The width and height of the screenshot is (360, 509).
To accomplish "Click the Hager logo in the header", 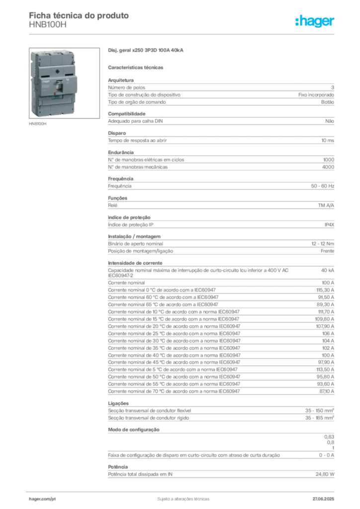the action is [314, 21].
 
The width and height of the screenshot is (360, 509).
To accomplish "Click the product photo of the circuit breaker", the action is [64, 83].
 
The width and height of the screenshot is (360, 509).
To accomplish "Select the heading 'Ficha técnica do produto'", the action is [79, 15].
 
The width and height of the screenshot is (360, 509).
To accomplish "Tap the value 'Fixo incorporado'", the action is [316, 95].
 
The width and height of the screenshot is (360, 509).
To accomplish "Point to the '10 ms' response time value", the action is [328, 141].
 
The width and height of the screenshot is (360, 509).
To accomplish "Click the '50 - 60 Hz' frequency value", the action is [322, 186].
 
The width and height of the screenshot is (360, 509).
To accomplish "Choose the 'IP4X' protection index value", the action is [329, 225].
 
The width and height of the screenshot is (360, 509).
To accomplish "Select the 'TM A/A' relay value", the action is [326, 205].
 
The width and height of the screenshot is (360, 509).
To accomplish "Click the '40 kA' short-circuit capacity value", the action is [328, 270].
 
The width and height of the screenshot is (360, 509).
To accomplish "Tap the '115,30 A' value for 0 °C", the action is [325, 290].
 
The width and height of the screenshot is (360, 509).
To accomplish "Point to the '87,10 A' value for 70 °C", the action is [327, 392].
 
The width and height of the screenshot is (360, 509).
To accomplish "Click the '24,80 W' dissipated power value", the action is [325, 474].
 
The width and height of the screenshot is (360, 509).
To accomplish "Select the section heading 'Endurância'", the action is [121, 153].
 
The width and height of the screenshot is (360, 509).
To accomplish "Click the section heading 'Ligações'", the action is [118, 404].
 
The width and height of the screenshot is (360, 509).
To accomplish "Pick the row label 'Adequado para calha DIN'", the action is [135, 121].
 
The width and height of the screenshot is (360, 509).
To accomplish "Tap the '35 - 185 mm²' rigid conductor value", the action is [319, 418].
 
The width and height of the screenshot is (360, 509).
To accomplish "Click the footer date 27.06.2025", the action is [323, 499].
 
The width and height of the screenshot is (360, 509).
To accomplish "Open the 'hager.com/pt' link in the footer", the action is [42, 499].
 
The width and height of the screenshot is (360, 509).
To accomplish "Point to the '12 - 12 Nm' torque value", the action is [323, 244].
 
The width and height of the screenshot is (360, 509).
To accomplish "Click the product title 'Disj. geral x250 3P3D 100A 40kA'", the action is [145, 50].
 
